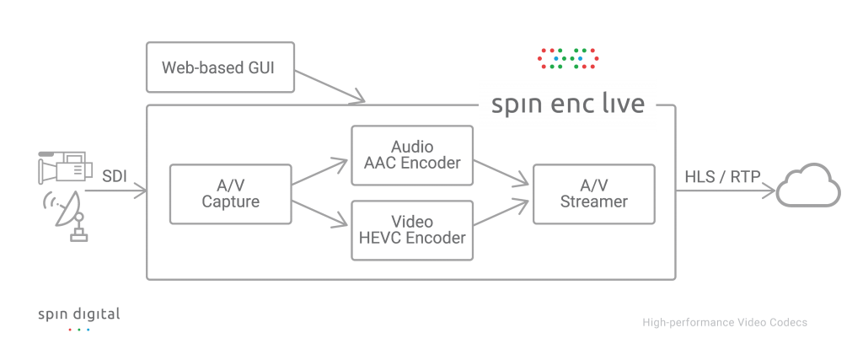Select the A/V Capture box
click(230, 193)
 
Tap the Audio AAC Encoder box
click(412, 154)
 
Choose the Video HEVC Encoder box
click(412, 229)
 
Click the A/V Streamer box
click(593, 193)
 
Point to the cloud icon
click(808, 186)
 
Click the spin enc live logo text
click(568, 105)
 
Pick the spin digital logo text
click(78, 314)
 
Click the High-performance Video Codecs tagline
click(724, 322)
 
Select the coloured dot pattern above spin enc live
click(567, 57)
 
